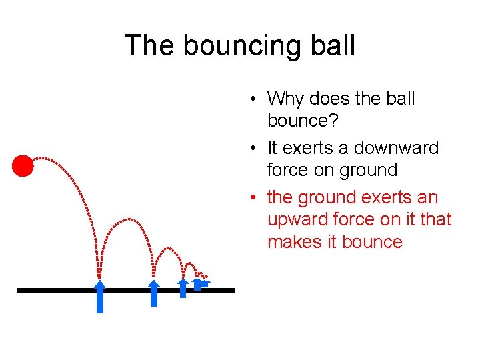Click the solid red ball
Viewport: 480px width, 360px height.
[23, 165]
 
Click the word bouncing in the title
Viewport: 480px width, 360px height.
[238, 46]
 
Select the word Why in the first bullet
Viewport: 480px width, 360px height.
[285, 99]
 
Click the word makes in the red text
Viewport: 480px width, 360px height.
[293, 241]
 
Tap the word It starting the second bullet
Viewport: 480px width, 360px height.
[273, 147]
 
